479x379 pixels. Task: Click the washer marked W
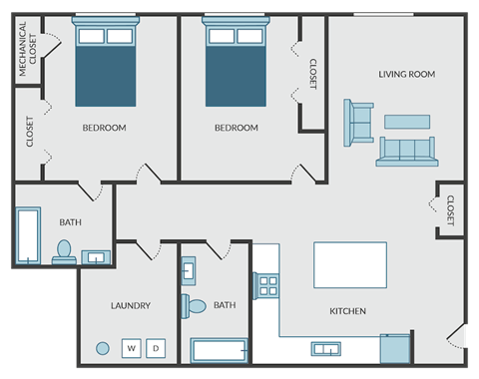131,348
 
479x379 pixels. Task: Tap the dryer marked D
156,348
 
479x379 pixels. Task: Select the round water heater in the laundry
103,348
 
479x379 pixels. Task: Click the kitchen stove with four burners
265,286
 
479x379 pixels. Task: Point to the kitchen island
350,265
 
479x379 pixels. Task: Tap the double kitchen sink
326,349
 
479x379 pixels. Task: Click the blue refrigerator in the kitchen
395,349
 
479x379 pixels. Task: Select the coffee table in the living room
407,122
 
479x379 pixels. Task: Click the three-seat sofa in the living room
407,152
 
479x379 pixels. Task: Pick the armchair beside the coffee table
358,123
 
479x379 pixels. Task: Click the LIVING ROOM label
407,74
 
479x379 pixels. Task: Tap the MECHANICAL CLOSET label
27,49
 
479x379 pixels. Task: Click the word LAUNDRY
131,305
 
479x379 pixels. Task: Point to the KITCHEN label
347,311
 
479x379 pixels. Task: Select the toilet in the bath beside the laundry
194,306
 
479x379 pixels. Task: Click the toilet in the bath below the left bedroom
64,252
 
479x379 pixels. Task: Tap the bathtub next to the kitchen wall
220,350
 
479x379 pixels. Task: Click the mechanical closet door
52,45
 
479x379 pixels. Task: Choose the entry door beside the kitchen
456,336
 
